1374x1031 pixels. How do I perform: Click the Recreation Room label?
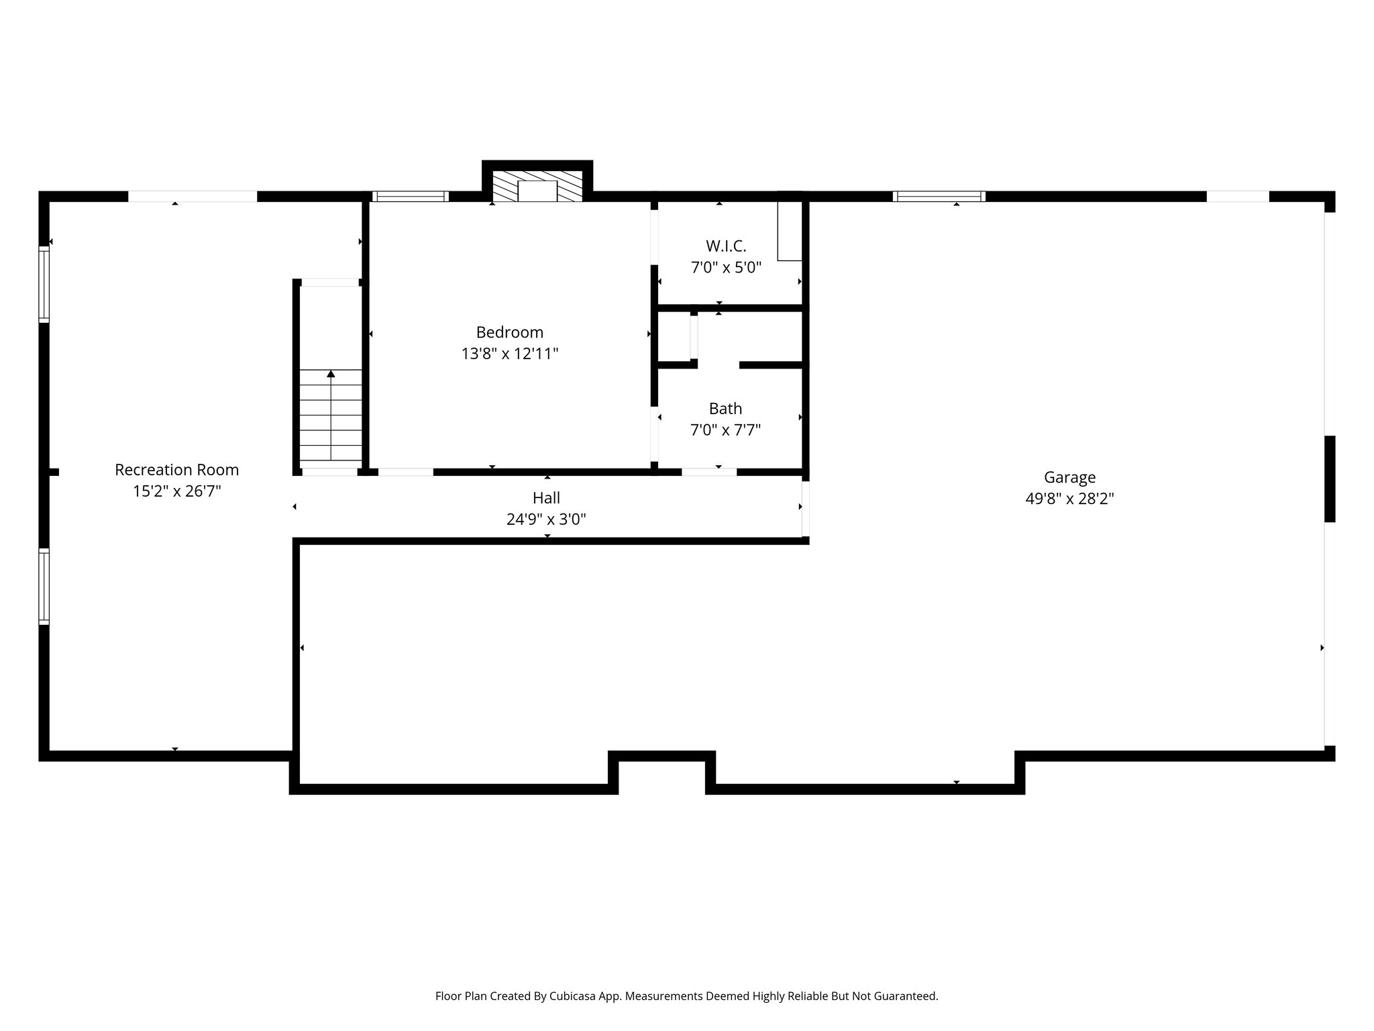click(x=176, y=470)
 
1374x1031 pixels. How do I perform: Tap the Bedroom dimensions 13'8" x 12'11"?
click(x=510, y=354)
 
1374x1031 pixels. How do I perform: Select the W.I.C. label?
click(x=726, y=246)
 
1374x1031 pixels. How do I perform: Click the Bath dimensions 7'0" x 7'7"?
click(x=725, y=430)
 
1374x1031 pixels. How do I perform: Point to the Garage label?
click(x=1069, y=477)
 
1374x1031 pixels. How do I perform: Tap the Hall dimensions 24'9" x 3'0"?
click(x=546, y=519)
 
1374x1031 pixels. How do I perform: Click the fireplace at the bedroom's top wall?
click(x=537, y=187)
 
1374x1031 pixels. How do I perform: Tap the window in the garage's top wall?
click(x=939, y=197)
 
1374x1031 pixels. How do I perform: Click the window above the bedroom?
click(x=410, y=197)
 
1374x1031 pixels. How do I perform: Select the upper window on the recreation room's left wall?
click(x=44, y=283)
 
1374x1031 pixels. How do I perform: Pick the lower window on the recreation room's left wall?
click(x=44, y=585)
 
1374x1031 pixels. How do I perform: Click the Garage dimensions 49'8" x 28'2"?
click(x=1069, y=499)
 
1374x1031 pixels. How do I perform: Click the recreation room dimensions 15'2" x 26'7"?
click(x=176, y=491)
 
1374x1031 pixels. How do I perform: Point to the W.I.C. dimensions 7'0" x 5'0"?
click(x=726, y=268)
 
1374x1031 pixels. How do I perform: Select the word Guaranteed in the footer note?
click(x=905, y=996)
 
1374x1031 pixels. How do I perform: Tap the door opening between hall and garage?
click(x=805, y=509)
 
